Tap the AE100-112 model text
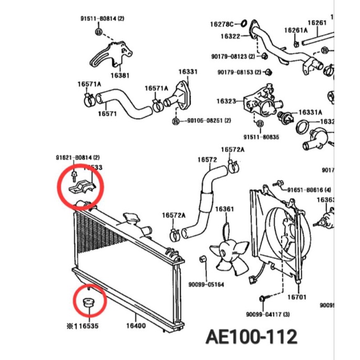(251, 336)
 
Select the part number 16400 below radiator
(135, 326)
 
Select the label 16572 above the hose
(207, 160)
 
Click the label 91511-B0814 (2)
(102, 19)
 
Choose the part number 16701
(297, 297)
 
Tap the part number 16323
(227, 101)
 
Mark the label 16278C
(222, 24)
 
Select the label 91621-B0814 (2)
(78, 157)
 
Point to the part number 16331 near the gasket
(187, 72)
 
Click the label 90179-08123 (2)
(232, 56)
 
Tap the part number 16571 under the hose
(107, 113)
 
